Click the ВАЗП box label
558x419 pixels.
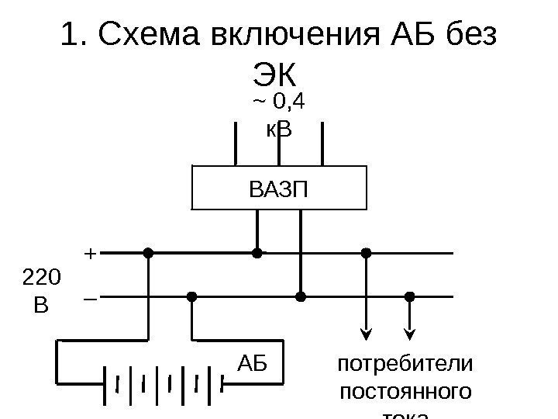click(x=278, y=188)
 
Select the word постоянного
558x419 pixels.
click(x=404, y=393)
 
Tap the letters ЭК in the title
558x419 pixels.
click(x=276, y=75)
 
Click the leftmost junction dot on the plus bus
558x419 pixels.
click(x=147, y=253)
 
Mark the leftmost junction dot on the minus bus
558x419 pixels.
click(x=191, y=296)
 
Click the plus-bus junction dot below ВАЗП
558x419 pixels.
click(x=257, y=253)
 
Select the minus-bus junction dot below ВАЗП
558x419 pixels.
click(x=301, y=296)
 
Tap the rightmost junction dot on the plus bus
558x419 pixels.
click(x=367, y=253)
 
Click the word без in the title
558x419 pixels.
click(x=473, y=36)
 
